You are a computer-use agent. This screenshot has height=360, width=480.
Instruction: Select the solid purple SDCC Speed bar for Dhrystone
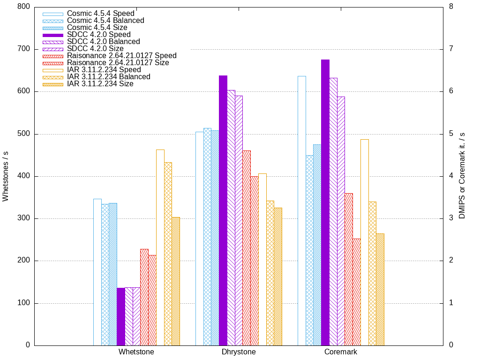point(223,210)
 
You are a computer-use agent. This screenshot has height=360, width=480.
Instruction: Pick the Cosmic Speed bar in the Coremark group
point(302,210)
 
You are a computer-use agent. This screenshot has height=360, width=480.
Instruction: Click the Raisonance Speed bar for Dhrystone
point(247,248)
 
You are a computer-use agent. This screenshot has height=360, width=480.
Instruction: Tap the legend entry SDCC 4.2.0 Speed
point(99,35)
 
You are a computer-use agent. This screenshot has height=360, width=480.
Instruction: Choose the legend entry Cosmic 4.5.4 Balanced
point(105,21)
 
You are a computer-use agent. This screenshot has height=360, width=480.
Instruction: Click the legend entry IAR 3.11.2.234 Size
point(100,84)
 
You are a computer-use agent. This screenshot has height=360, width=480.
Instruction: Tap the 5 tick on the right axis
point(451,134)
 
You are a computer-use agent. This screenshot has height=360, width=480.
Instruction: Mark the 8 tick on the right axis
point(451,7)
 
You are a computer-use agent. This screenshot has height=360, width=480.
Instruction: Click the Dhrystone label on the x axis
point(239,352)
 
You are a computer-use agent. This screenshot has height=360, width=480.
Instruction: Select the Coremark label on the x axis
point(341,352)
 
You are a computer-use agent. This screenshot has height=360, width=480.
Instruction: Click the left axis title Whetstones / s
point(6,176)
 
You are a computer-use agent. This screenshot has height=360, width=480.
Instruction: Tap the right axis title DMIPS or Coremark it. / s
point(462,176)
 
